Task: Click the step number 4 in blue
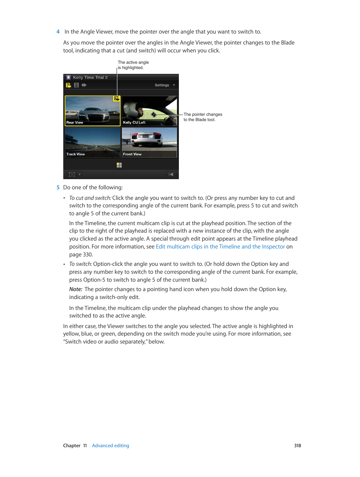(58, 32)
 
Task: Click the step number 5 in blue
(58, 187)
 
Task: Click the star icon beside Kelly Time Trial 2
(68, 77)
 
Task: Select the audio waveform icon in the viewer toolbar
(84, 85)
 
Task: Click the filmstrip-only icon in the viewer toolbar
(76, 85)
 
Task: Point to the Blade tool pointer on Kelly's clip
(154, 114)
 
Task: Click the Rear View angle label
(75, 123)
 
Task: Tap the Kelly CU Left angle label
(134, 123)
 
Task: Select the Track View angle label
(75, 154)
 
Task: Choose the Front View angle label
(132, 154)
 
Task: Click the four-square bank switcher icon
(119, 165)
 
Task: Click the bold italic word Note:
(76, 289)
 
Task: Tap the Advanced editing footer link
(111, 446)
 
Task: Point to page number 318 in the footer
(297, 446)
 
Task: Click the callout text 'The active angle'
(133, 63)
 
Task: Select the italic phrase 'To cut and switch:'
(90, 198)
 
